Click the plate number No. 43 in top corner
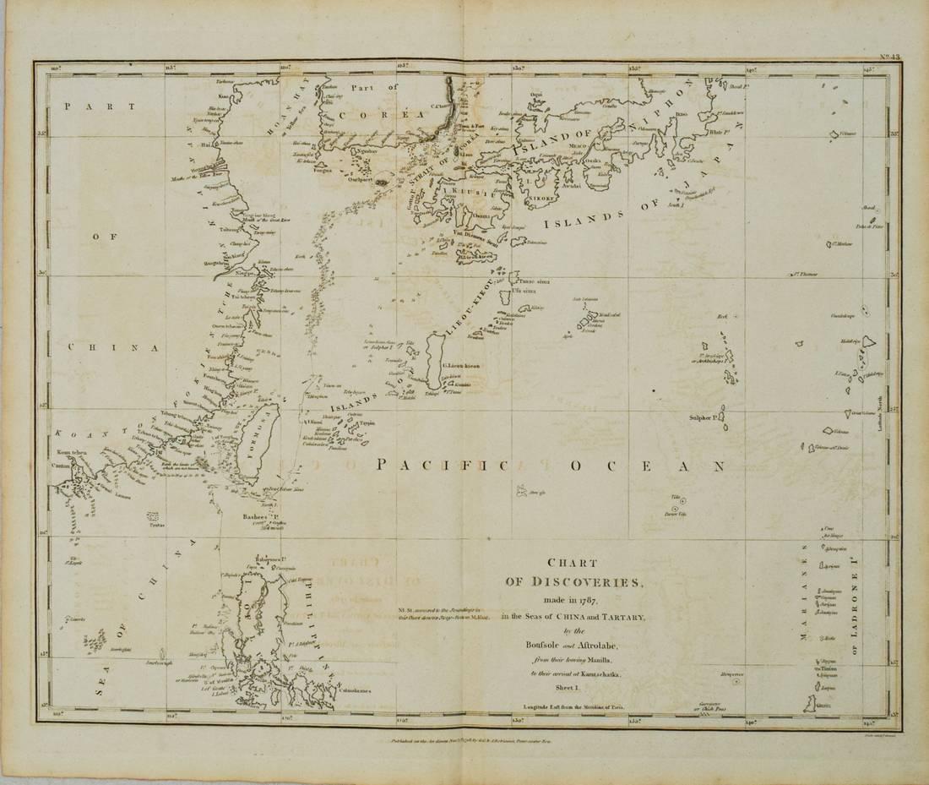(x=888, y=57)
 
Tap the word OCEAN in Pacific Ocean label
(x=647, y=466)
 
